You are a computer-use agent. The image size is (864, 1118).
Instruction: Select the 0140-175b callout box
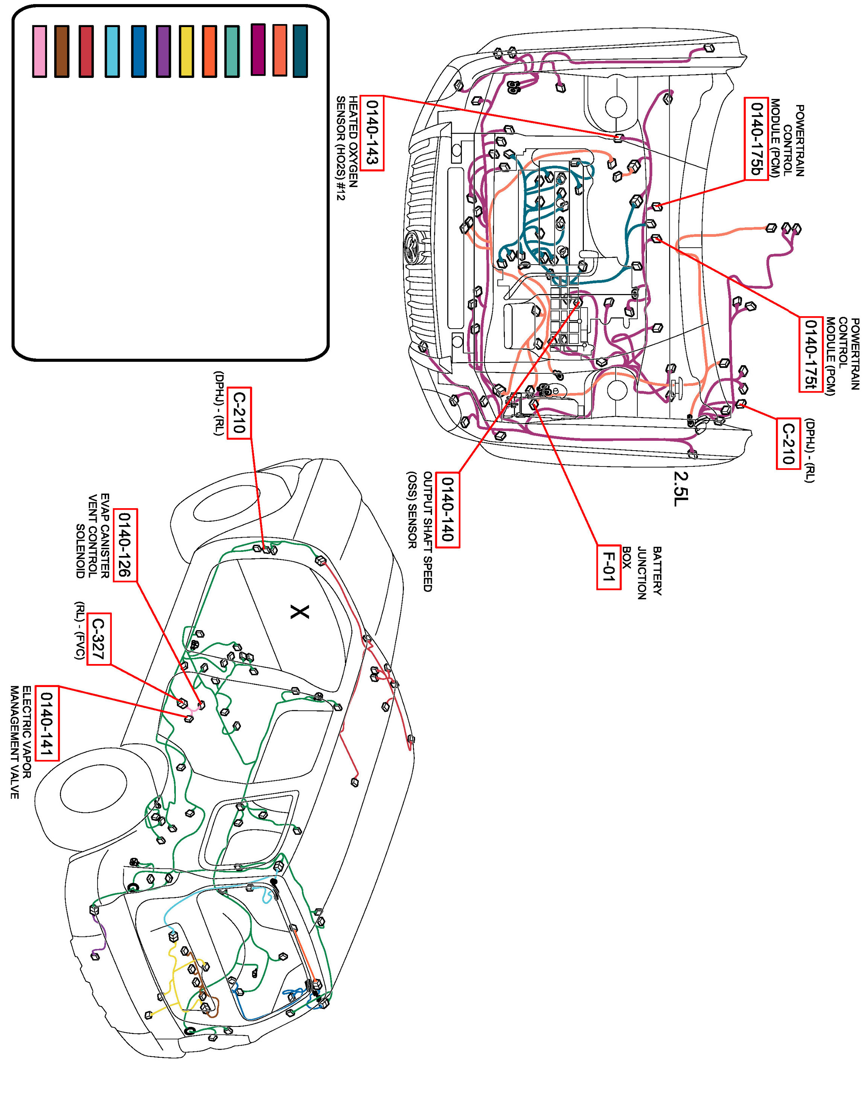(756, 139)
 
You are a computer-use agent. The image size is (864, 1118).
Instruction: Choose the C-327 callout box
(98, 640)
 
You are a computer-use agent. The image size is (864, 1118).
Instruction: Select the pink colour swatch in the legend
(40, 51)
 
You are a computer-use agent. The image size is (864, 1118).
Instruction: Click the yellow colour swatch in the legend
(186, 51)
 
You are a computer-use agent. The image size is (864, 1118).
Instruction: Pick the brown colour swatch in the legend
(62, 51)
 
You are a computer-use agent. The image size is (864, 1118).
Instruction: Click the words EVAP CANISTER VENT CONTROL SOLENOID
(92, 536)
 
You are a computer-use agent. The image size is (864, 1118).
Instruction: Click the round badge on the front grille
(411, 248)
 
